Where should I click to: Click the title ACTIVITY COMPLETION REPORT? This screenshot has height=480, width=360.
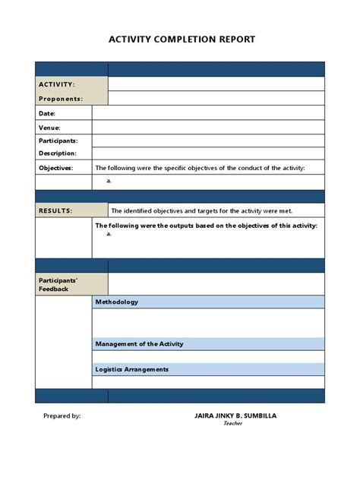pyautogui.click(x=182, y=39)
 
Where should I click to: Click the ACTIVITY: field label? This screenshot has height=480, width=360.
pyautogui.click(x=57, y=84)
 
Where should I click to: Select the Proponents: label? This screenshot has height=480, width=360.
pyautogui.click(x=61, y=99)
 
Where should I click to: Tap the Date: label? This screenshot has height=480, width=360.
pyautogui.click(x=47, y=113)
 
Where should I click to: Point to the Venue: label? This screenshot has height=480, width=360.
pyautogui.click(x=49, y=128)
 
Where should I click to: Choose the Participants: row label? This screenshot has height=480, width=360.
pyautogui.click(x=58, y=141)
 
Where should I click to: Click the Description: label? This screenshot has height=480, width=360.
pyautogui.click(x=58, y=153)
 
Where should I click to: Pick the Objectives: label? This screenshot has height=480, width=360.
pyautogui.click(x=55, y=168)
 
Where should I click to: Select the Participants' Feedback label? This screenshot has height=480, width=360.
pyautogui.click(x=58, y=284)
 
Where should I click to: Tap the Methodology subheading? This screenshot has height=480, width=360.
pyautogui.click(x=117, y=302)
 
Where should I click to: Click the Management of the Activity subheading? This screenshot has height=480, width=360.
pyautogui.click(x=139, y=343)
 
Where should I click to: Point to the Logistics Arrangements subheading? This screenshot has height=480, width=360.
pyautogui.click(x=132, y=369)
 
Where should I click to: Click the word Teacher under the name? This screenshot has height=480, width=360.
pyautogui.click(x=232, y=424)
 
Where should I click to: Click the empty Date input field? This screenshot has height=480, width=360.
pyautogui.click(x=208, y=113)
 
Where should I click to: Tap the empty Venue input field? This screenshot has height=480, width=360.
pyautogui.click(x=208, y=128)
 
